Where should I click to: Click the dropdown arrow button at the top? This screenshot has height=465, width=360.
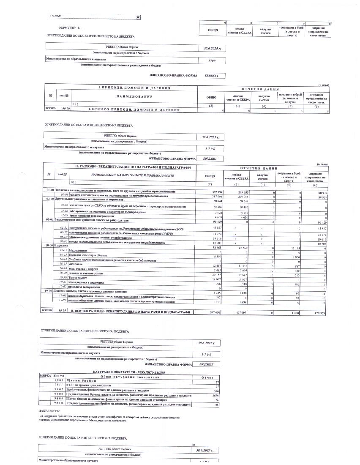(x=138, y=17)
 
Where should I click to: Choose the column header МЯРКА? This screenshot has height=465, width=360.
(x=45, y=376)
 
